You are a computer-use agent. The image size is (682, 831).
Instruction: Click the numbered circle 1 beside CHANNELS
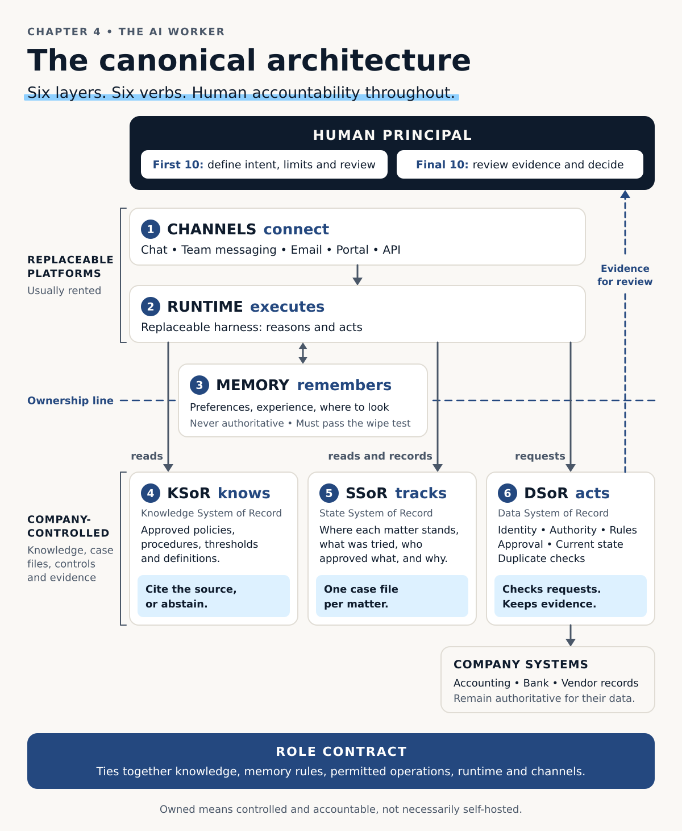point(151,229)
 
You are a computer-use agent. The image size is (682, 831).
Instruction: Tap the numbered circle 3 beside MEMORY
point(199,385)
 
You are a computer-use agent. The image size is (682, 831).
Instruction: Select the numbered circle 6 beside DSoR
point(507,493)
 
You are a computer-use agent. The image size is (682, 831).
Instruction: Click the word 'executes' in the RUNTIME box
point(287,307)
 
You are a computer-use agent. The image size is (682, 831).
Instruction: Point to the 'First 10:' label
point(178,164)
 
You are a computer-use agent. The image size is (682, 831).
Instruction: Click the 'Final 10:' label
point(442,164)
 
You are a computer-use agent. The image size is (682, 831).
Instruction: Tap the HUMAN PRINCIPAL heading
point(392,135)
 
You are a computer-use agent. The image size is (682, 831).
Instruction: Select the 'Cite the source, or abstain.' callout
point(214,596)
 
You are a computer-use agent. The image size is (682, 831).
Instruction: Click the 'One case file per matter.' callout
point(392,596)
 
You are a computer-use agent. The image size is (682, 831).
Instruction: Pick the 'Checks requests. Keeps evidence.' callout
point(570,596)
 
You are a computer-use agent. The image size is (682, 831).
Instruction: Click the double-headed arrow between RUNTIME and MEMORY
point(302,353)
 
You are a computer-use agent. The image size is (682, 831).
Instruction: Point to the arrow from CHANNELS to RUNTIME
point(357,275)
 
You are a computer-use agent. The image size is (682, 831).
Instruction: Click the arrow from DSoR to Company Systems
point(570,635)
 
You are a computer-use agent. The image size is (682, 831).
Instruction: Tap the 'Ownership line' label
point(70,400)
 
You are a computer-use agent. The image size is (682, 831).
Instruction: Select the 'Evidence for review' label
point(625,275)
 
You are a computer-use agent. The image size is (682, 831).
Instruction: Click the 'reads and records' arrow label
point(380,456)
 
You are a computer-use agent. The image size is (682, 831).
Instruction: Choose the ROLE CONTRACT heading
point(341,751)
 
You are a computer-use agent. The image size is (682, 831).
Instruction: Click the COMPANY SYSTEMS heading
point(521,664)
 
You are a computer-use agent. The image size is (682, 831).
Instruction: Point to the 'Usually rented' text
point(64,291)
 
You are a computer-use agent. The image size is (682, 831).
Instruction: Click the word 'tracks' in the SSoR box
point(421,493)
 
